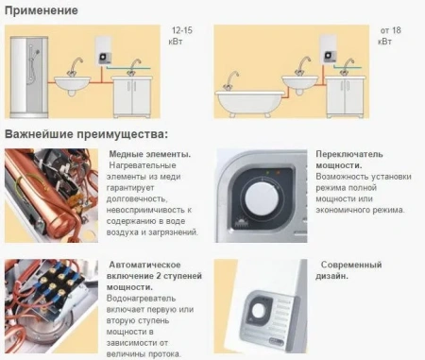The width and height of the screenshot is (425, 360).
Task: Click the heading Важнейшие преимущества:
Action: point(86,134)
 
